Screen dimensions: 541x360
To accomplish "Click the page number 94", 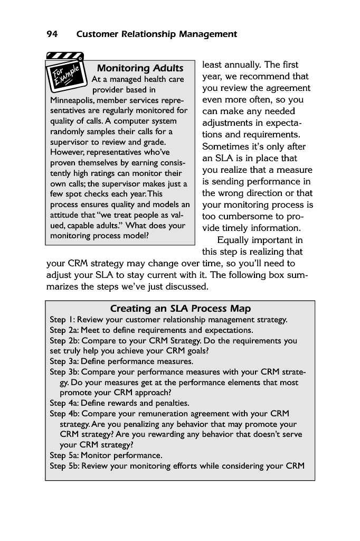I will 52,34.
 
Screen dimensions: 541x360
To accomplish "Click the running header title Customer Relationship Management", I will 157,34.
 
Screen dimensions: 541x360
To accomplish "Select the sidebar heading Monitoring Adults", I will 140,68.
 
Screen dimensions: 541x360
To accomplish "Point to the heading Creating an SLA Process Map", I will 180,309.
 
